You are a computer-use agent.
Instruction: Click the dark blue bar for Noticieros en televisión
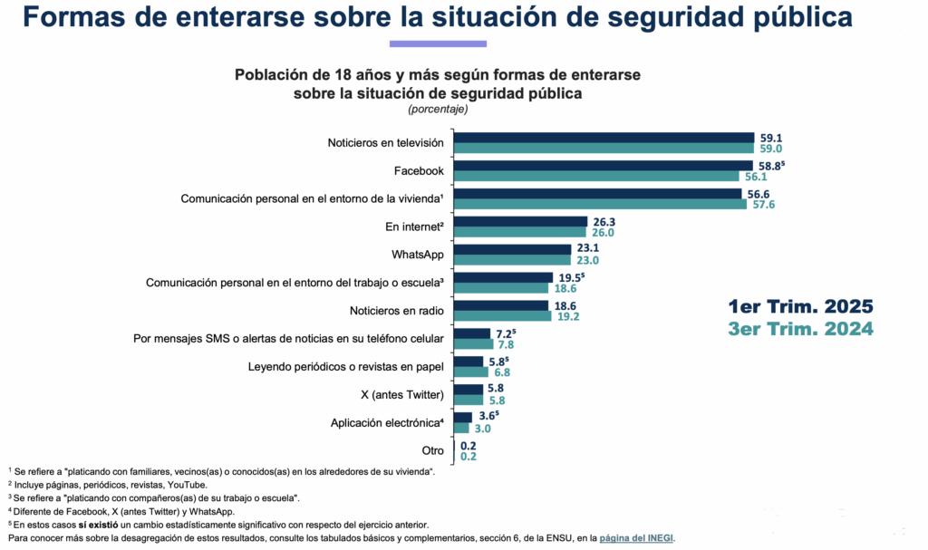pyautogui.click(x=604, y=138)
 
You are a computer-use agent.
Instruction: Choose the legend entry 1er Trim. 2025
pyautogui.click(x=800, y=305)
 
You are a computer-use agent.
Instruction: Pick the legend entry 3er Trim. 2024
pyautogui.click(x=800, y=329)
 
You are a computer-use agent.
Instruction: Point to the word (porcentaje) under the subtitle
pyautogui.click(x=438, y=110)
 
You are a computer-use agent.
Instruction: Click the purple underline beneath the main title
pyautogui.click(x=438, y=43)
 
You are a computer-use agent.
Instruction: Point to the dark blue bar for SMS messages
pyautogui.click(x=471, y=333)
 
